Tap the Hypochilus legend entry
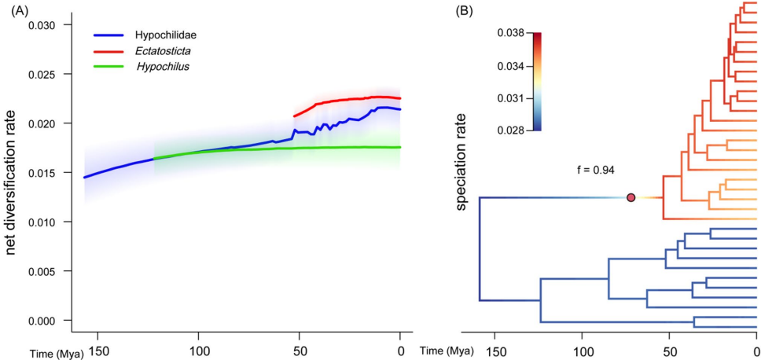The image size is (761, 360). (163, 66)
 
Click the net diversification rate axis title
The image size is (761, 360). (12, 173)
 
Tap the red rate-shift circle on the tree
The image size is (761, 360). (630, 197)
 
